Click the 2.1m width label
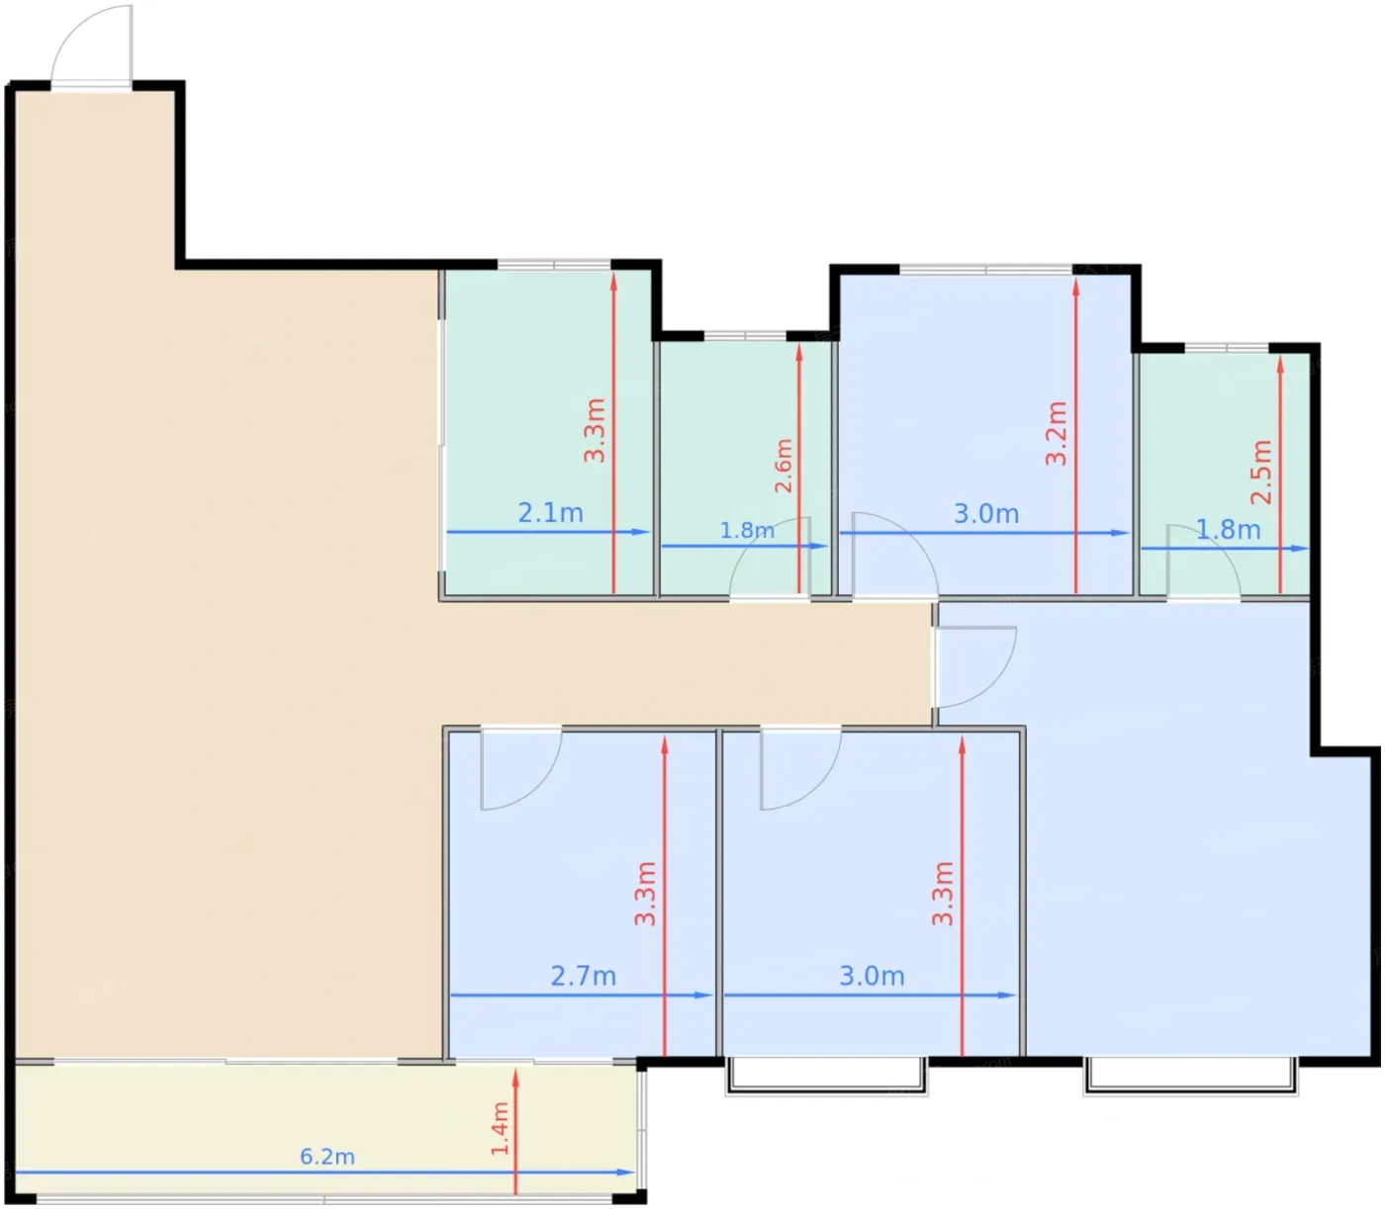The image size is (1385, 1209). tap(550, 512)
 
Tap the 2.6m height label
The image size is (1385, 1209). tap(784, 466)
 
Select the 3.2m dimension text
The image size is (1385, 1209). tap(1056, 433)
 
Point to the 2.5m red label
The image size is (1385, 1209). tap(1261, 472)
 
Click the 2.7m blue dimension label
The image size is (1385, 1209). tap(583, 976)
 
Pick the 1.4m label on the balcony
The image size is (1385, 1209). tap(500, 1128)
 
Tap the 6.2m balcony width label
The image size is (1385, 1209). tap(326, 1156)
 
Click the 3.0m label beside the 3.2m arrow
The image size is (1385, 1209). tap(985, 513)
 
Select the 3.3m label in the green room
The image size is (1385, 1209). tap(595, 430)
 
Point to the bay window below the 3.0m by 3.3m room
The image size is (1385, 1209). tap(826, 1076)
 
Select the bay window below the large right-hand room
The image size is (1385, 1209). tap(1190, 1076)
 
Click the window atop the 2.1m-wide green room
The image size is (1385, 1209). tap(554, 264)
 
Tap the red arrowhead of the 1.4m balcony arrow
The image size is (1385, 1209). tap(515, 1078)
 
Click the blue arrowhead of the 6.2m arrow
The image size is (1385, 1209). tap(625, 1171)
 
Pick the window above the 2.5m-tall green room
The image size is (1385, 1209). tap(1226, 348)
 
